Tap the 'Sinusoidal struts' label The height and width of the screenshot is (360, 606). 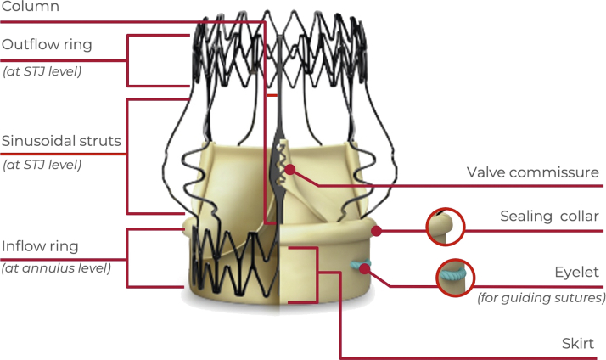pyautogui.click(x=60, y=138)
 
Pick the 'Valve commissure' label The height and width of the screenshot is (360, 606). pyautogui.click(x=532, y=173)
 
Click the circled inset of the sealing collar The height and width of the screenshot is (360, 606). pyautogui.click(x=445, y=226)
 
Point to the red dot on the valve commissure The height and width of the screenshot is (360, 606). pyautogui.click(x=290, y=170)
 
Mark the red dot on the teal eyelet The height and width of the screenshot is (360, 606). pyautogui.click(x=365, y=269)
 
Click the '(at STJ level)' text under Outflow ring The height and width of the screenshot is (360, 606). pyautogui.click(x=42, y=71)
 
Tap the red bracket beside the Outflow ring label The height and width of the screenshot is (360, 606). pyautogui.click(x=127, y=60)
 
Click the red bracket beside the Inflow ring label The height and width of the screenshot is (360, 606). pyautogui.click(x=127, y=256)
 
